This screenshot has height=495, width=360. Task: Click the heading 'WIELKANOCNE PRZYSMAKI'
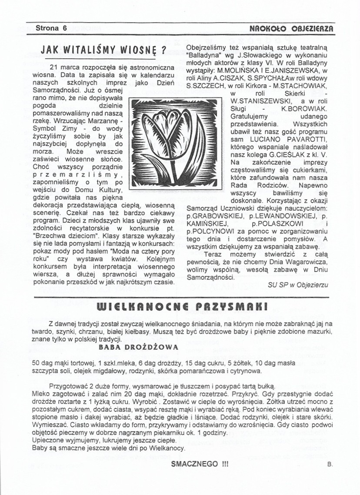click(x=179, y=307)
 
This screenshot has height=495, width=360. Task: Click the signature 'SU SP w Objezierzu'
click(x=299, y=284)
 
